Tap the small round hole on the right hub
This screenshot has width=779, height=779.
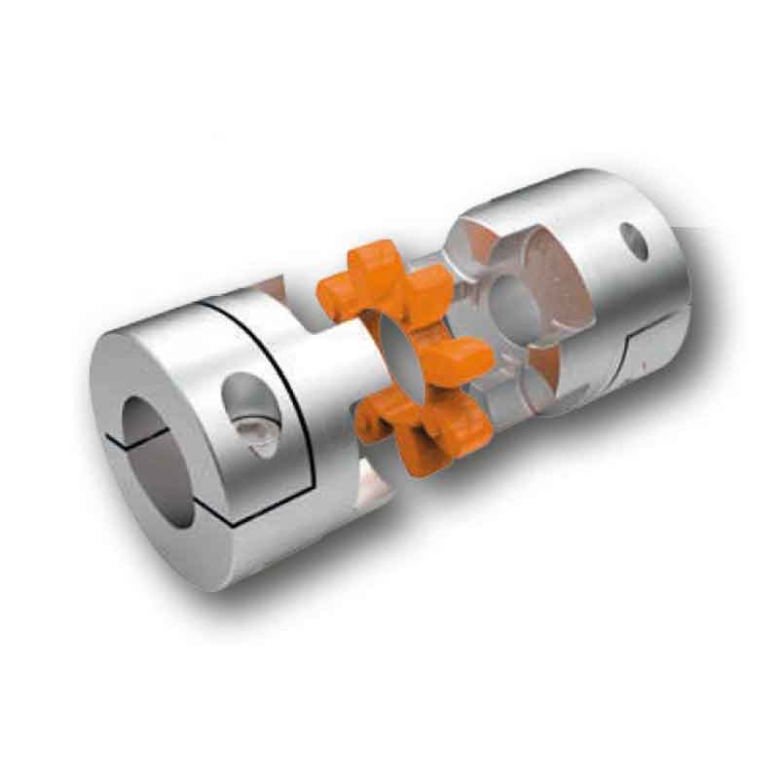click(635, 239)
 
